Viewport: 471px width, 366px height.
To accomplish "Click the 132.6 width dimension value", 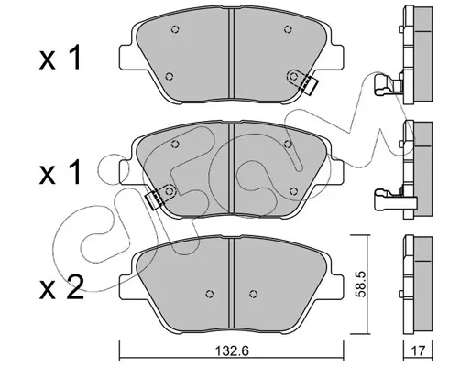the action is coord(233,350).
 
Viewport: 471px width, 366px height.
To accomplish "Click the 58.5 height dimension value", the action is coord(360,285).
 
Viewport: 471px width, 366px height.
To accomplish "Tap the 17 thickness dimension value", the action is coord(419,350).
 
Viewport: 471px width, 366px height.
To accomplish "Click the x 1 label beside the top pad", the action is coord(60,58).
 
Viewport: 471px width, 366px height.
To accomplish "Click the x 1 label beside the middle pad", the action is coord(60,172).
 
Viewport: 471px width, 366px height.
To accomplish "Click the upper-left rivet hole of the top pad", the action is coord(175,29).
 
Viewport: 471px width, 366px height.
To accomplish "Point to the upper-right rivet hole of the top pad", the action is coord(287,29).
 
